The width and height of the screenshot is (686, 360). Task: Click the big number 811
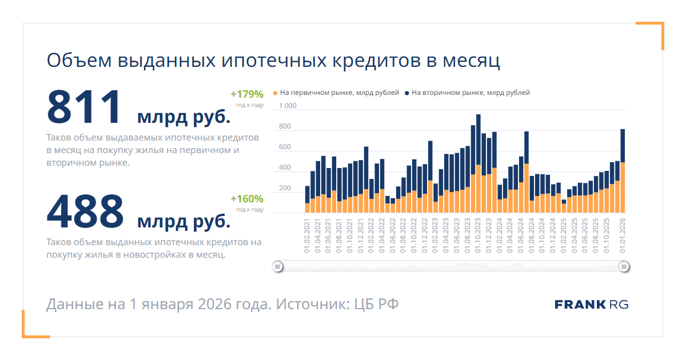85,107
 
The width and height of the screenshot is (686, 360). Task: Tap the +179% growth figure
247,94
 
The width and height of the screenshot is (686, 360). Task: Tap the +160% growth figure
247,199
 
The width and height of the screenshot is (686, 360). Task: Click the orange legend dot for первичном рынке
276,93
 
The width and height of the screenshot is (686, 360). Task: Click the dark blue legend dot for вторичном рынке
406,93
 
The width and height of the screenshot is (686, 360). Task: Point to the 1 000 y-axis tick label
288,106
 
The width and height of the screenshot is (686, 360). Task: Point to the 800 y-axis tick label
285,126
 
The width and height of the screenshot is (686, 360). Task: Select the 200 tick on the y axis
285,188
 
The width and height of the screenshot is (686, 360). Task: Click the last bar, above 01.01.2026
623,171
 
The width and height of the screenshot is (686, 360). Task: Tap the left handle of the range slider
277,266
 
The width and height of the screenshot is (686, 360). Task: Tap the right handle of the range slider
624,266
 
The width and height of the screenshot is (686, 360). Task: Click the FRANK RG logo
591,305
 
